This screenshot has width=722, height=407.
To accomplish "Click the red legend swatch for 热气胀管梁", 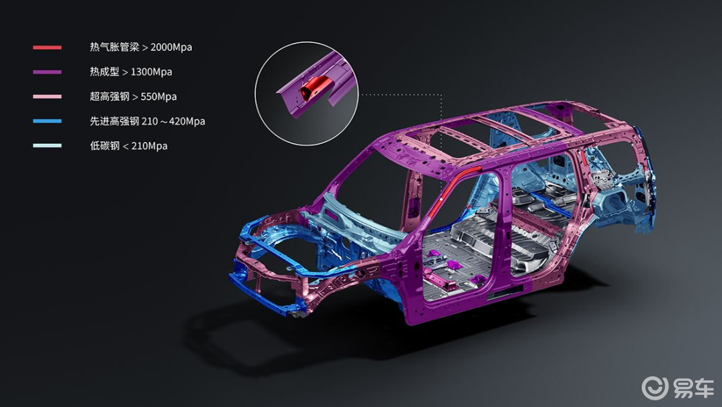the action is point(47,48).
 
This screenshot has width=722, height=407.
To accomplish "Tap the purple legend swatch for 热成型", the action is point(47,72).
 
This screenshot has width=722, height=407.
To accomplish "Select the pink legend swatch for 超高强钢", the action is point(47,96).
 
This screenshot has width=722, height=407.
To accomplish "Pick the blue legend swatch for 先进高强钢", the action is point(47,120).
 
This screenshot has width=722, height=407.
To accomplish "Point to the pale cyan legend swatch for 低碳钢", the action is point(47,145).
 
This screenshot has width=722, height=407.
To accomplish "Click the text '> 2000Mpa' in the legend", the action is point(167,47).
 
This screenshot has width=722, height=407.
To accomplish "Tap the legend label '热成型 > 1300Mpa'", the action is point(131,72).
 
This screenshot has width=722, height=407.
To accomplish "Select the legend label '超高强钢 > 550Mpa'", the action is point(133,96).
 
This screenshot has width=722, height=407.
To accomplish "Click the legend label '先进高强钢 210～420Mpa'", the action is point(147,121).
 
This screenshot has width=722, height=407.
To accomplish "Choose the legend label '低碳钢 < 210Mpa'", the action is point(128,146).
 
